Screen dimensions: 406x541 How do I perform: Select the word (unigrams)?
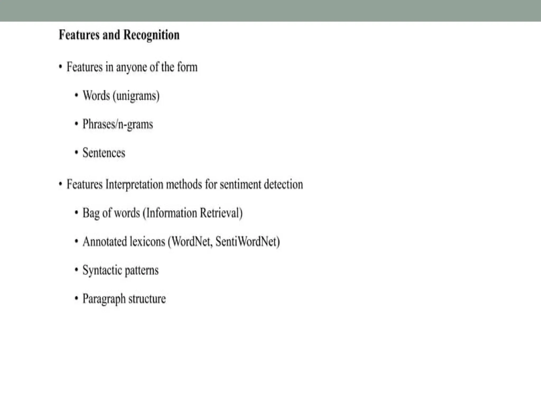[x=136, y=96]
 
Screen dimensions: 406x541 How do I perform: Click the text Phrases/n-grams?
[x=118, y=124]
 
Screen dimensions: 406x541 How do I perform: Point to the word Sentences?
[x=104, y=153]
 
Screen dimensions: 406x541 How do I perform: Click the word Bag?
[x=91, y=213]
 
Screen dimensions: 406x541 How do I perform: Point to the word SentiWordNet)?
[x=248, y=242]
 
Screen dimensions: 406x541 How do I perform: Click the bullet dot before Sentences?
[x=76, y=153]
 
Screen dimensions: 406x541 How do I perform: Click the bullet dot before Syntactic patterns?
[x=76, y=270]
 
